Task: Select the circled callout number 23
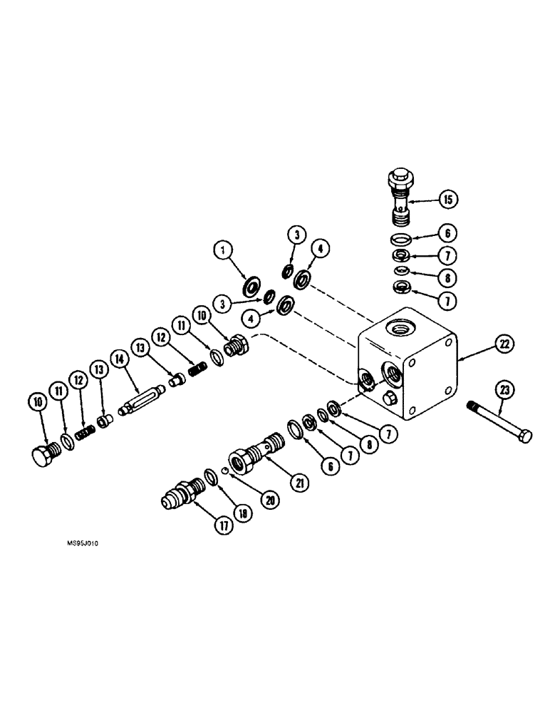(x=504, y=390)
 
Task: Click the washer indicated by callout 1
(x=251, y=288)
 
